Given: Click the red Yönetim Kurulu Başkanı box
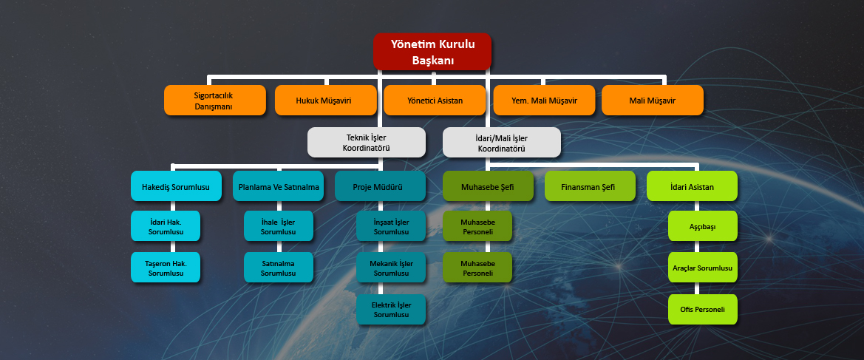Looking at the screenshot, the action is (432, 52).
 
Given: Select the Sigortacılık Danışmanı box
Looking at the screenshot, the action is (215, 101).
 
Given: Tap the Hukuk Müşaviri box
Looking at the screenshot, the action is (326, 101).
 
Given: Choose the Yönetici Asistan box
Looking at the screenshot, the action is (435, 101).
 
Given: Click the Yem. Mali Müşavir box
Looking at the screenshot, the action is (545, 101).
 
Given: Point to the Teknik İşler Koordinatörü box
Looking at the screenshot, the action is (367, 143).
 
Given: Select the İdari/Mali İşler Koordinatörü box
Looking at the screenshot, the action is (502, 143).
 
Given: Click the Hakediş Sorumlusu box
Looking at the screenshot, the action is (177, 186).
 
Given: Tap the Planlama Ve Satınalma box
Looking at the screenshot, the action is (279, 186).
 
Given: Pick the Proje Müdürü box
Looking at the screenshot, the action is (380, 186).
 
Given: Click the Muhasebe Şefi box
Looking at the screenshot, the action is (489, 186).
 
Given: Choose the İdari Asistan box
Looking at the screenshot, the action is (692, 186).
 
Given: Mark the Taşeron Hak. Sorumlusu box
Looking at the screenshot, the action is (166, 268).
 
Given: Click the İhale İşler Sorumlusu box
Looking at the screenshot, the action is (279, 226).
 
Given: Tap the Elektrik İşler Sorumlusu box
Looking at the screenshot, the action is (391, 310).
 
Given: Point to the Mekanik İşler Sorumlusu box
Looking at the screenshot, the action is (391, 268).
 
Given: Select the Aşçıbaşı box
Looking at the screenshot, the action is (703, 226).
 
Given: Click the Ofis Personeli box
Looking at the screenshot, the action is (703, 310).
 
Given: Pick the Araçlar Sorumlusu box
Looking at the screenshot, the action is (703, 268).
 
